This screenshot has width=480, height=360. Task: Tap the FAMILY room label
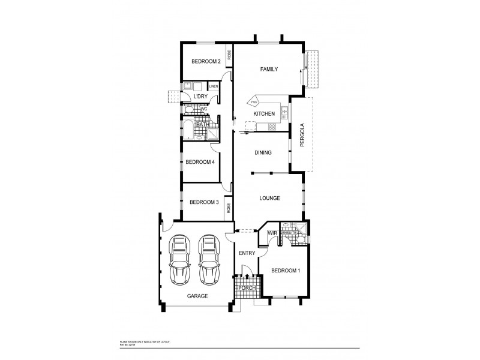click(268, 70)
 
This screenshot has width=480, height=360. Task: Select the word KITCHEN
click(264, 113)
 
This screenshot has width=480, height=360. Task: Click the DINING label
click(263, 152)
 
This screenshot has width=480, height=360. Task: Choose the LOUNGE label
click(270, 198)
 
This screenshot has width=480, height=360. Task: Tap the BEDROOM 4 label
click(200, 162)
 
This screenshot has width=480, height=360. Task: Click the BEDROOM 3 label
click(204, 202)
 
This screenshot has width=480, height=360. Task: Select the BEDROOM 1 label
click(285, 271)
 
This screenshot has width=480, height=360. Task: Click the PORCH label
click(247, 289)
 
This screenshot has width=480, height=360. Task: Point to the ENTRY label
click(247, 253)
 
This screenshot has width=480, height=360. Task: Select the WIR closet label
click(263, 233)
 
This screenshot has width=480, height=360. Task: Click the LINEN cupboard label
click(213, 86)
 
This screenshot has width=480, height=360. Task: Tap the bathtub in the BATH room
click(188, 130)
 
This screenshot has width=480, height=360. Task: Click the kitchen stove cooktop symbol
click(272, 126)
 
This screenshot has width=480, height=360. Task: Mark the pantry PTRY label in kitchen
click(254, 102)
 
